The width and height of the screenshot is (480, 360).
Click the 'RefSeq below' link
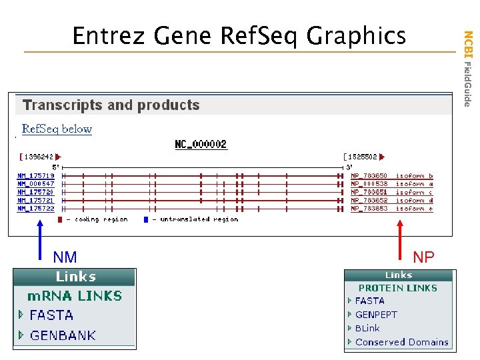57,129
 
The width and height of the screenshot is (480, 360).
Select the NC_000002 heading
201,144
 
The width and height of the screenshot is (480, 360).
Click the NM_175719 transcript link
36,176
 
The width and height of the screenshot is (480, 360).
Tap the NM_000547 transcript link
36,184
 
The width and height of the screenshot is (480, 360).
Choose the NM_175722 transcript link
36,208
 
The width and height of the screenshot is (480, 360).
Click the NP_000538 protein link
369,184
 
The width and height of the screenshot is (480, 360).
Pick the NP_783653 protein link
369,208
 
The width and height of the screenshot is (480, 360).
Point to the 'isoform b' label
415,176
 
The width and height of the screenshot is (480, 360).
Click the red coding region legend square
60,219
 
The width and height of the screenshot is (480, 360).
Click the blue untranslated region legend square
146,219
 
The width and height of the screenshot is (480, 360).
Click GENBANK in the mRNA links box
63,335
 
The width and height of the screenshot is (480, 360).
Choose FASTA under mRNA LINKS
51,315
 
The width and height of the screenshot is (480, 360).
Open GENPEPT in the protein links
376,315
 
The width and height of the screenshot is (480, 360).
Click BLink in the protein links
367,328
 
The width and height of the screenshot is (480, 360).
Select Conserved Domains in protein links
401,342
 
